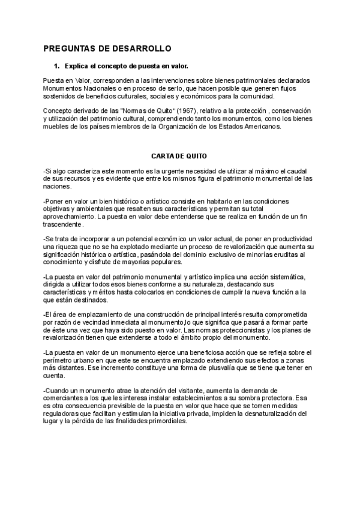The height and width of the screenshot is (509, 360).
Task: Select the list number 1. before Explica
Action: point(57,66)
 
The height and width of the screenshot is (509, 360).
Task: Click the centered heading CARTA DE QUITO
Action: point(179,155)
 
